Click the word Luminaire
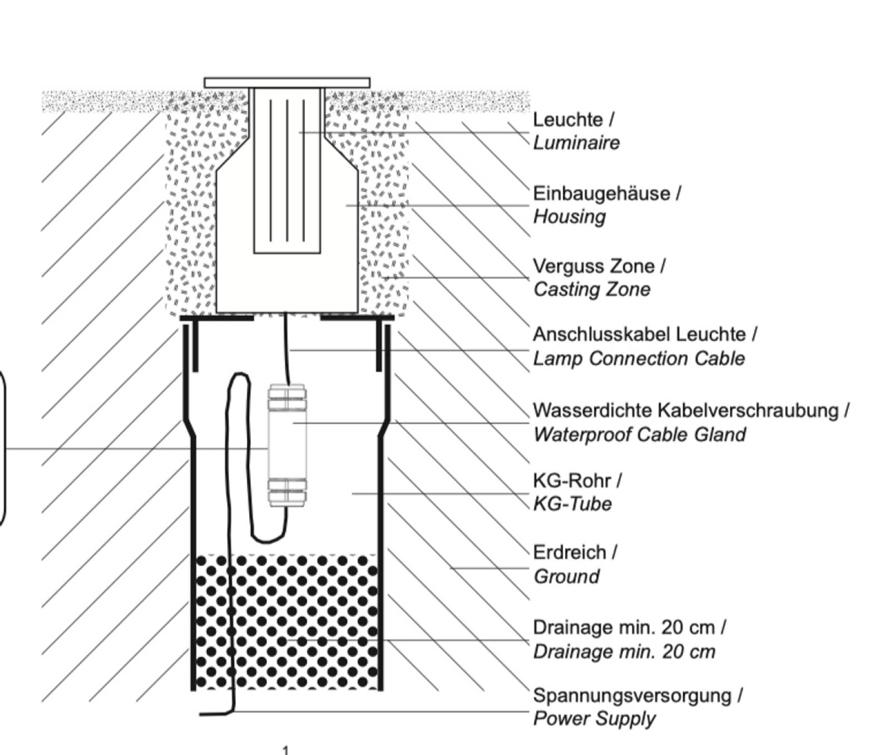click(576, 143)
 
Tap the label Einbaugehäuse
click(601, 194)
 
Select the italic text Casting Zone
click(592, 290)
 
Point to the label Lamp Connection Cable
click(639, 359)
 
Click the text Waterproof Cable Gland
click(640, 434)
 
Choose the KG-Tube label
click(572, 504)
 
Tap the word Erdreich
click(570, 552)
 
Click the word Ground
click(566, 576)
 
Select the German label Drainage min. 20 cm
click(624, 627)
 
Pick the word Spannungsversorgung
click(632, 695)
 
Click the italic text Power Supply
click(594, 719)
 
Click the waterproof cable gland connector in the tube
click(287, 445)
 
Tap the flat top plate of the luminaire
click(287, 83)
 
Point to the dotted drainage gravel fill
click(287, 622)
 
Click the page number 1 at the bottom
click(286, 750)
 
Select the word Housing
click(569, 217)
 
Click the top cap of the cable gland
click(287, 396)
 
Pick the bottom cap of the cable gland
click(287, 492)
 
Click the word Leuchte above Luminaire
click(568, 120)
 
